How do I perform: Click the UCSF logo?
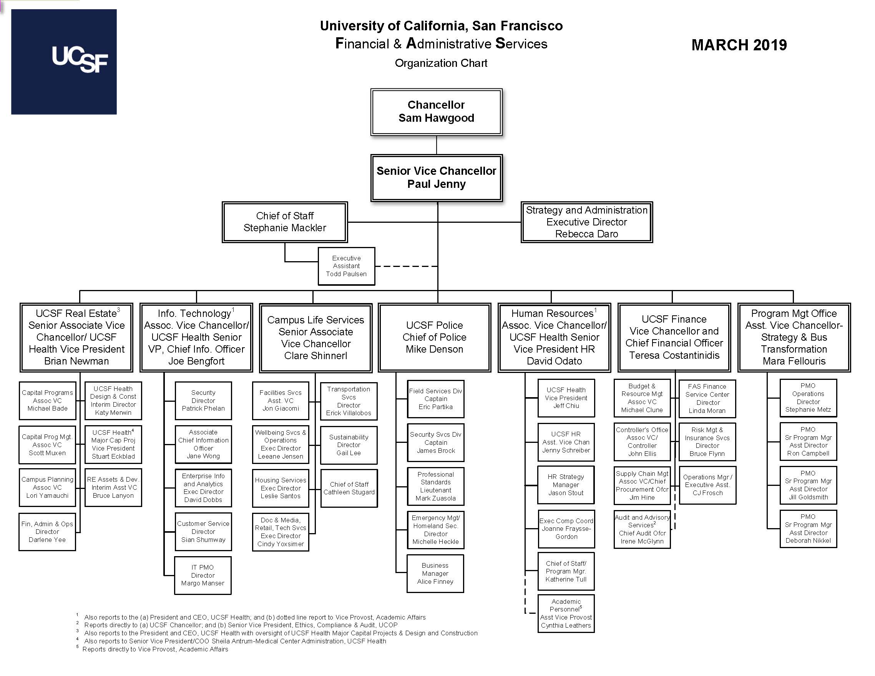(x=64, y=62)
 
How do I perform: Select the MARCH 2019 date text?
(x=739, y=45)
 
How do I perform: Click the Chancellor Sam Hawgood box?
(x=436, y=112)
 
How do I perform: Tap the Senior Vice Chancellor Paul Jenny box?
(x=436, y=177)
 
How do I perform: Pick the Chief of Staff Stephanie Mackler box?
(x=284, y=222)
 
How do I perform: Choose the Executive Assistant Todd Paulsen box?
(x=346, y=266)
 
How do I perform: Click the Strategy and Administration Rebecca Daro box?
(x=586, y=222)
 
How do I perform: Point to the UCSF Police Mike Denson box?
(x=434, y=337)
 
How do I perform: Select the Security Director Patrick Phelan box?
(x=203, y=401)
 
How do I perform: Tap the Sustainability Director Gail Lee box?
(x=349, y=445)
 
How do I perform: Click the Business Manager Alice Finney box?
(x=435, y=573)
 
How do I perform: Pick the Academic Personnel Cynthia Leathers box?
(x=566, y=613)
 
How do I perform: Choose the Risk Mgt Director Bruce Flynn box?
(x=707, y=442)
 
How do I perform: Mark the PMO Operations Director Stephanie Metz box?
(x=808, y=398)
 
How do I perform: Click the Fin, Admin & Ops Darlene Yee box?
(x=47, y=532)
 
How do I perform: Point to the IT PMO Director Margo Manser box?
(x=203, y=575)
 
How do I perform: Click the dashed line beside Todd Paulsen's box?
(x=405, y=266)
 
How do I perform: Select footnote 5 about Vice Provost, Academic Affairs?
(x=156, y=649)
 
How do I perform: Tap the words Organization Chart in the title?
(x=441, y=63)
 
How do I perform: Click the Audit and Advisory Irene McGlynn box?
(x=642, y=529)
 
